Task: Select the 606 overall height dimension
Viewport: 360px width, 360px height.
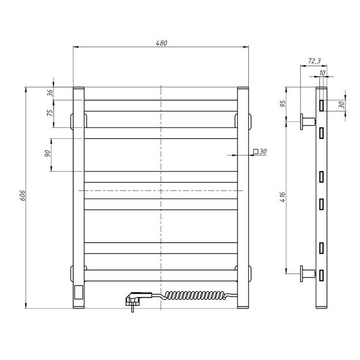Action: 22,196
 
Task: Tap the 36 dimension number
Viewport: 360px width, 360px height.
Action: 50,92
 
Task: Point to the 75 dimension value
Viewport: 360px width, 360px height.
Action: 50,112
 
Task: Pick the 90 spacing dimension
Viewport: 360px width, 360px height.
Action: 48,154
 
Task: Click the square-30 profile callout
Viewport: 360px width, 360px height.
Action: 260,151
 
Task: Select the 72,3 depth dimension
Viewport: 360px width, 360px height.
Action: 314,60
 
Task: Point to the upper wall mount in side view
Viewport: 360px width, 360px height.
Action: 308,121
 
